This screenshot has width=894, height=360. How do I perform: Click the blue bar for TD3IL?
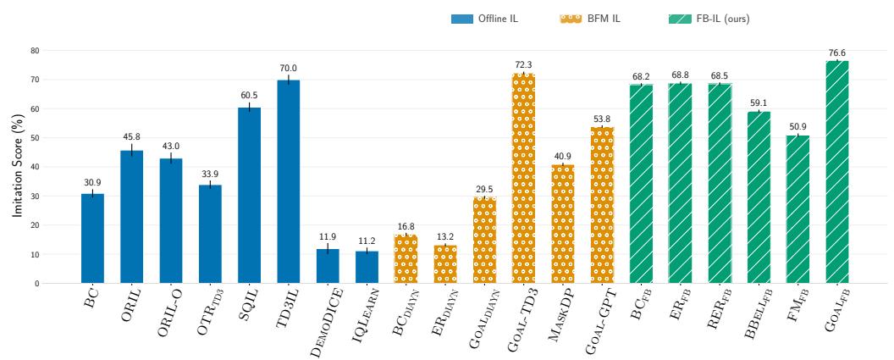288,181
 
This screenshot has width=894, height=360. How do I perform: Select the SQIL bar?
249,195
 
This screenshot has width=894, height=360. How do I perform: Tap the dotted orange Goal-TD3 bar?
523,178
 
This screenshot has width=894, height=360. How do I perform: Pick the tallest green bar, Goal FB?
837,172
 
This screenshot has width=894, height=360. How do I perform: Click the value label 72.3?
523,65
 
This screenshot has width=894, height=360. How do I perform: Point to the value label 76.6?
837,53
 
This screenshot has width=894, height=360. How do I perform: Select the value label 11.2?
367,242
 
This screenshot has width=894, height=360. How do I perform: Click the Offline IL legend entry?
484,19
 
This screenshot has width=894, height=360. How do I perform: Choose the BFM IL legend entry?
590,19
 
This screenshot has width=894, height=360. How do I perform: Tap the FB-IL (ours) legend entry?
709,19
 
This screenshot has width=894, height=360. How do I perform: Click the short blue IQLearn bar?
367,267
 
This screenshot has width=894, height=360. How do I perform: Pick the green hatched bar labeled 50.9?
797,209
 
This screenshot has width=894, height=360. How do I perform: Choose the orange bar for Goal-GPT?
602,205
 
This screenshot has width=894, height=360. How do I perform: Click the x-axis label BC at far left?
91,298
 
